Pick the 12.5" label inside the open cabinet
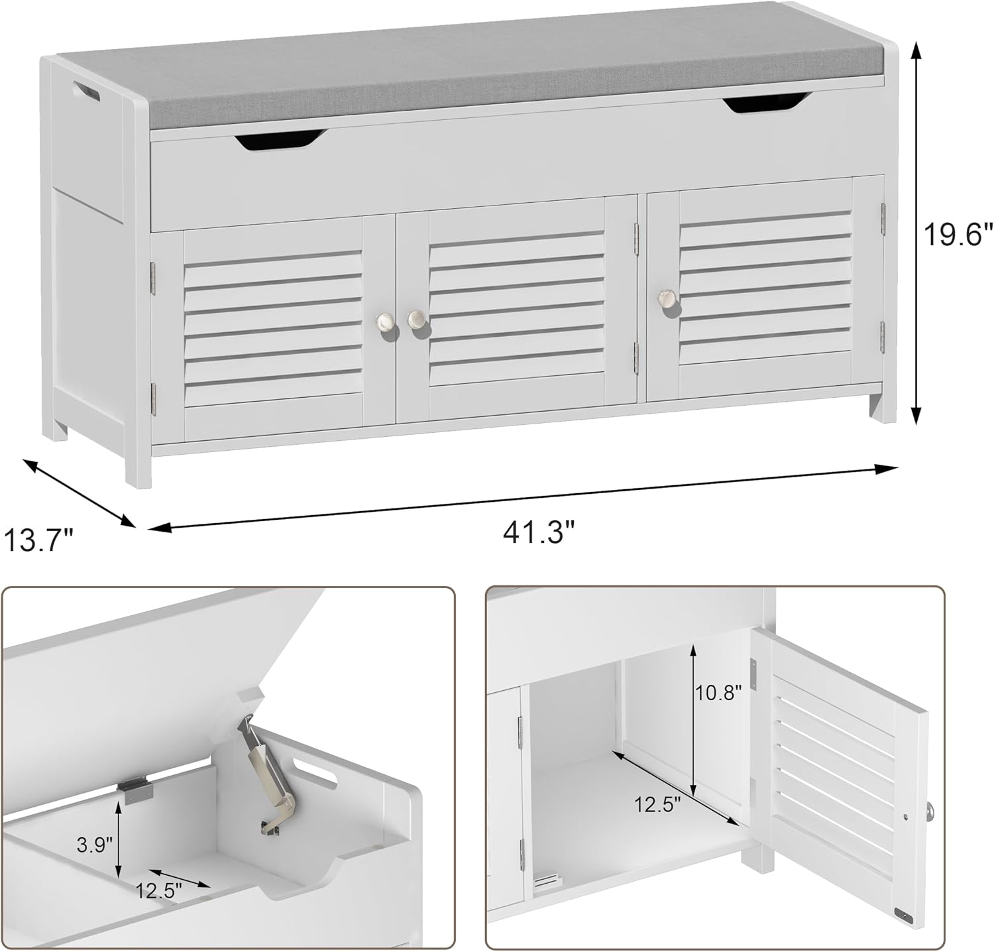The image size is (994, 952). (x=657, y=805)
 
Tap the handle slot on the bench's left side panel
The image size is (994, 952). (x=86, y=91)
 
